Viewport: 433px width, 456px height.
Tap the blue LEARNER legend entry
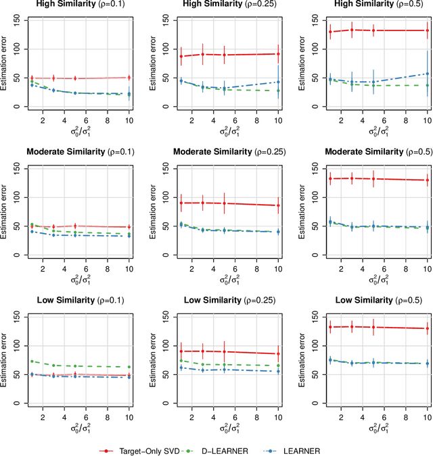300,450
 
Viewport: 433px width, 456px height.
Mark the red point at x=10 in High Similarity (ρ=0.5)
428,30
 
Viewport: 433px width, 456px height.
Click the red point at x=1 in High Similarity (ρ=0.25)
181,56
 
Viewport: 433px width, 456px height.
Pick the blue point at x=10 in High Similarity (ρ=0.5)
428,74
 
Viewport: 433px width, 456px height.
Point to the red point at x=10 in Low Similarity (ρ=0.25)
278,353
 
